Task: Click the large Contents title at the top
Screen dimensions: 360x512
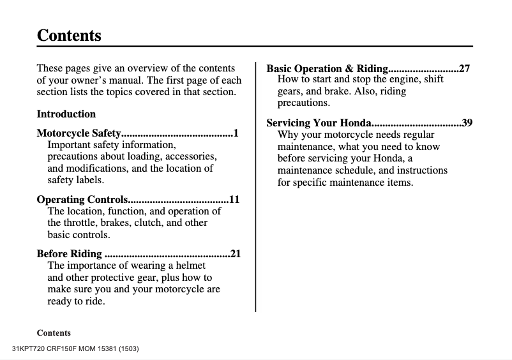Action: [x=69, y=35]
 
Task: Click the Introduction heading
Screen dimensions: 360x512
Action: [x=66, y=114]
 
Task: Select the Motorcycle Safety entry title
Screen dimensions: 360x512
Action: [x=79, y=133]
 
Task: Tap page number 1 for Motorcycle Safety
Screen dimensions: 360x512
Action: [x=236, y=133]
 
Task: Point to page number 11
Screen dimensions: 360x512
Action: [x=234, y=200]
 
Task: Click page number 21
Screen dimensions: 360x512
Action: [x=236, y=254]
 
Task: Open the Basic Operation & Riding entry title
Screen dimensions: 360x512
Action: [x=327, y=68]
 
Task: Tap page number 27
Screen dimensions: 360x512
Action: [x=465, y=68]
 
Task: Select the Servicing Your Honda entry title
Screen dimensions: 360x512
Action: [x=319, y=123]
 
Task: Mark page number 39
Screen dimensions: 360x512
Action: [x=467, y=123]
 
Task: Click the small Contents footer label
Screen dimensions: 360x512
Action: [x=54, y=333]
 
